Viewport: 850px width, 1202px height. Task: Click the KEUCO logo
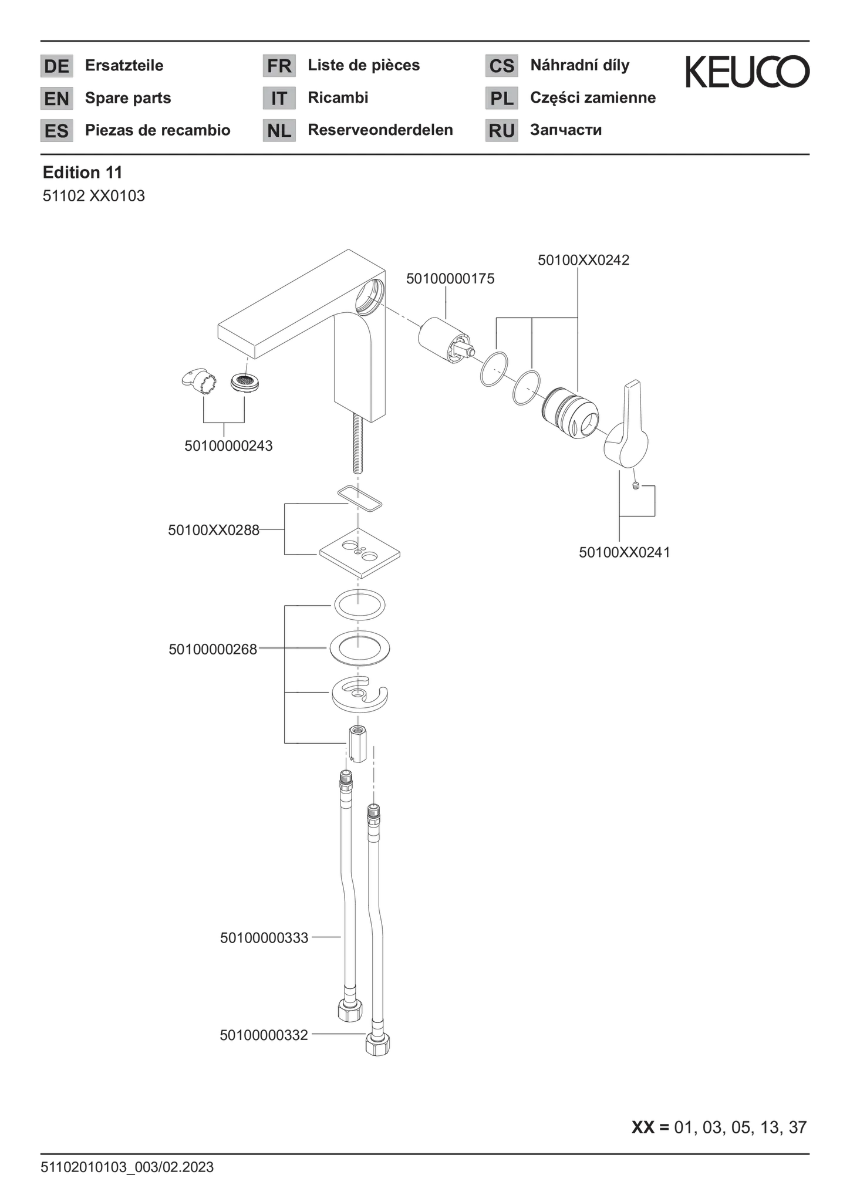[747, 72]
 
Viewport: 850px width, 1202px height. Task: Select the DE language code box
[56, 66]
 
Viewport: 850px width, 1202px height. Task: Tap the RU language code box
[501, 130]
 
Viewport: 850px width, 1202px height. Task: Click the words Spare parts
[128, 98]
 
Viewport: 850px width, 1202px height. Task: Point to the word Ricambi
[338, 97]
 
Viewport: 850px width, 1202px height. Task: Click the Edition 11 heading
[82, 173]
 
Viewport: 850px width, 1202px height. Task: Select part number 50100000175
[450, 279]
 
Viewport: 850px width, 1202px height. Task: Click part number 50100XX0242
[583, 260]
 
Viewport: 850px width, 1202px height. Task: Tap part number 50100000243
[228, 445]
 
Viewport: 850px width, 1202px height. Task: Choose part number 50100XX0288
[214, 530]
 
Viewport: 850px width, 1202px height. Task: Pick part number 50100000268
[213, 650]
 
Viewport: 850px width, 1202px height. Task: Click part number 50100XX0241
[625, 552]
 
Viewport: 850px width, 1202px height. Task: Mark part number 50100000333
[264, 938]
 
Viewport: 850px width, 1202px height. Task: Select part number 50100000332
[264, 1035]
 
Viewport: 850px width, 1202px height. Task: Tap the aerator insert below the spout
[245, 383]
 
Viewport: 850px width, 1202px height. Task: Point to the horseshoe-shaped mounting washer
[360, 694]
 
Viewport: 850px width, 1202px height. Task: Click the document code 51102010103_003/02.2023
[127, 1167]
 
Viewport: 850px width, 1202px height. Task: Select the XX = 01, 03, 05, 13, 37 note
[719, 1127]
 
